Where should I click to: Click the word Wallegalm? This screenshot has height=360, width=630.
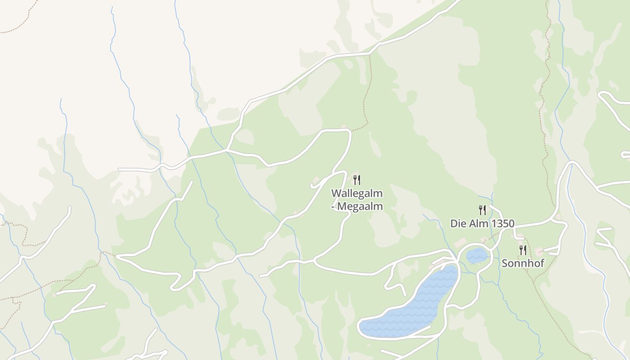pyautogui.click(x=357, y=193)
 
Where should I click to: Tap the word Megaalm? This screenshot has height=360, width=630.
pyautogui.click(x=360, y=207)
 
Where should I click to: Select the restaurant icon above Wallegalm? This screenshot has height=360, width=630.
pyautogui.click(x=357, y=180)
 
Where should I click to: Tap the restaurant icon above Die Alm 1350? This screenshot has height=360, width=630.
pyautogui.click(x=482, y=210)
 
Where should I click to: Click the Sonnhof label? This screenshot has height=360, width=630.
pyautogui.click(x=523, y=263)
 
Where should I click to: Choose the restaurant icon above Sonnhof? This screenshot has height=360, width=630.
pyautogui.click(x=523, y=250)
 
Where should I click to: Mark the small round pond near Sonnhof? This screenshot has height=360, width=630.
pyautogui.click(x=477, y=256)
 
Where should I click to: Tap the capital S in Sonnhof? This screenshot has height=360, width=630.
pyautogui.click(x=504, y=263)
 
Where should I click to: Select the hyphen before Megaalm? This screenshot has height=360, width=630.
pyautogui.click(x=333, y=207)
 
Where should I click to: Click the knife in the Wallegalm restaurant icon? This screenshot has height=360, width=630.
pyautogui.click(x=359, y=180)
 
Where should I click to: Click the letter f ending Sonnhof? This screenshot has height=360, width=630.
pyautogui.click(x=542, y=263)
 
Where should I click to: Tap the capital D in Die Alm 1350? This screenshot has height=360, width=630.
pyautogui.click(x=454, y=224)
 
